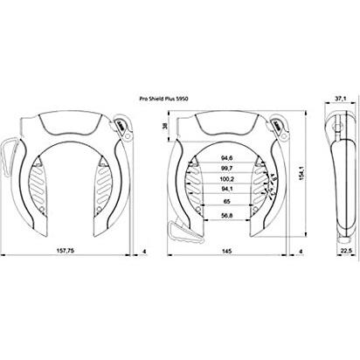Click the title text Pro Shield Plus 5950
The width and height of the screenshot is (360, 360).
[x=179, y=100]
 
